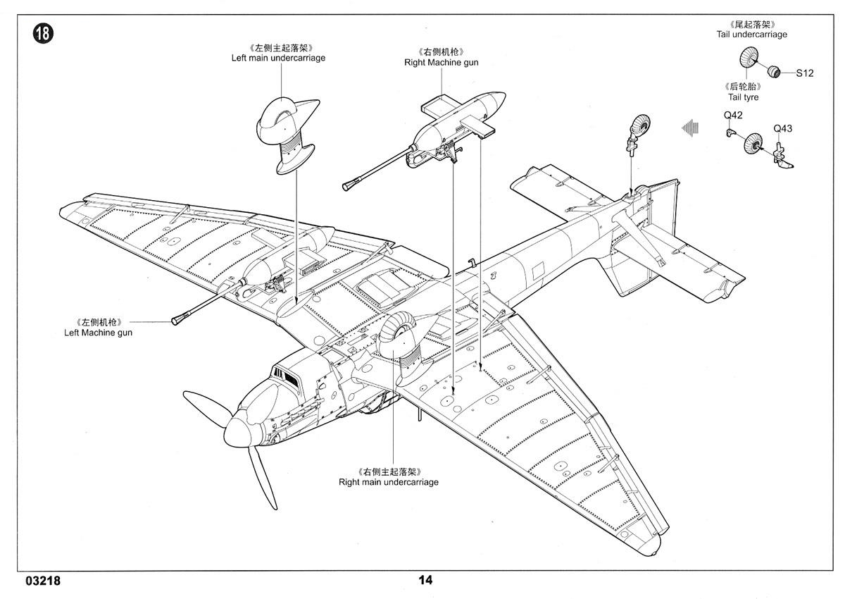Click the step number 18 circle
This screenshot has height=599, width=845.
(x=43, y=33)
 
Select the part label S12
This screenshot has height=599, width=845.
(x=805, y=73)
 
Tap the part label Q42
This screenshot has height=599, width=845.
(x=733, y=115)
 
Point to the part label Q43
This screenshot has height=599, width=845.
(x=783, y=129)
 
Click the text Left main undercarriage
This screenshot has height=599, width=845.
(x=278, y=58)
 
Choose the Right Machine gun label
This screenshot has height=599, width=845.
(x=441, y=63)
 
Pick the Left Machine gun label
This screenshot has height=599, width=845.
(x=98, y=333)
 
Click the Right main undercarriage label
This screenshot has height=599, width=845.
(x=389, y=482)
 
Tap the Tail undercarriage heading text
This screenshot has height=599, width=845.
(x=752, y=35)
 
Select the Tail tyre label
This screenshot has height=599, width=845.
(x=743, y=97)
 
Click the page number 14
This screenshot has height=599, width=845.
(x=425, y=580)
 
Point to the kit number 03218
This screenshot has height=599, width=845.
(x=43, y=581)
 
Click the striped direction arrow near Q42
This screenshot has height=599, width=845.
(x=690, y=128)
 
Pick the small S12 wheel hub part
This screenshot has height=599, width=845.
(x=774, y=71)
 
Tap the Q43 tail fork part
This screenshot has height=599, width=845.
(x=782, y=156)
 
